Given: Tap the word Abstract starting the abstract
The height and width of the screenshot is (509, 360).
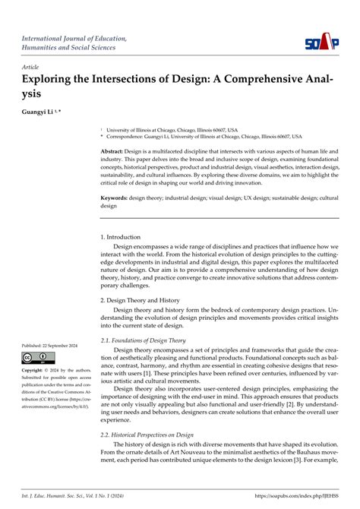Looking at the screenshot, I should pyautogui.click(x=116, y=152).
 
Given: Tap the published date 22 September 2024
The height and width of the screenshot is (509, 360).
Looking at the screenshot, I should pyautogui.click(x=63, y=345).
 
